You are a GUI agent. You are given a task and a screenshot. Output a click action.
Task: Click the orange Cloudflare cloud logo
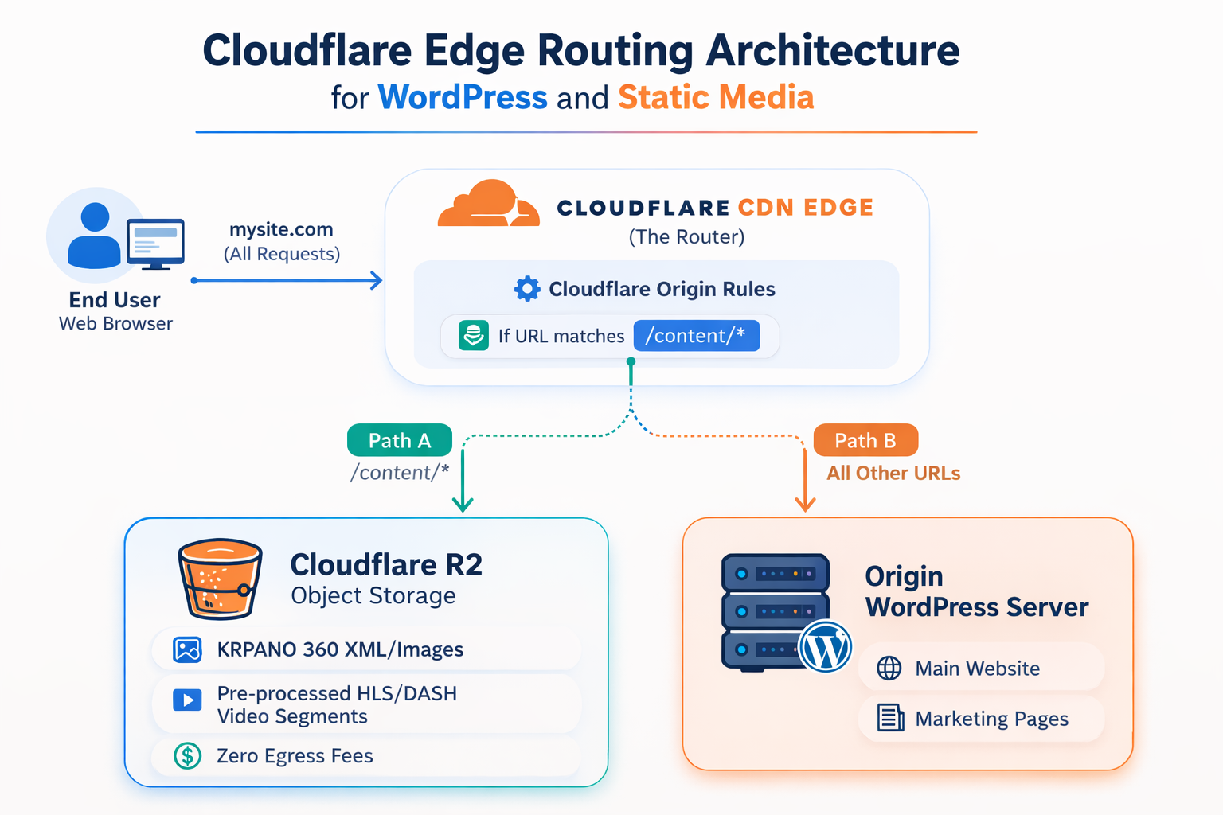tap(487, 205)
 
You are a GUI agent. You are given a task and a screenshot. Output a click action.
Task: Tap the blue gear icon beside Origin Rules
tap(527, 289)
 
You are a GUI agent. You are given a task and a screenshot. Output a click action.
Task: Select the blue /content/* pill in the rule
tap(696, 336)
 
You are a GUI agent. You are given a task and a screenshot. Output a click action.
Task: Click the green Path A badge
tap(400, 440)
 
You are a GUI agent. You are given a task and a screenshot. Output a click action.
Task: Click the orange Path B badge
tap(865, 440)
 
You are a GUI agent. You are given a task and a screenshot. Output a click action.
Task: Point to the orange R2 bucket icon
tap(220, 579)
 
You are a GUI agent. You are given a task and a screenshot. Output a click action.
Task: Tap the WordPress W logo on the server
tap(826, 646)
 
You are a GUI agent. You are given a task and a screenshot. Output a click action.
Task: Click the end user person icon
tap(95, 236)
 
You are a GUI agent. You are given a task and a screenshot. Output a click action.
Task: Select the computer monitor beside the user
tap(155, 244)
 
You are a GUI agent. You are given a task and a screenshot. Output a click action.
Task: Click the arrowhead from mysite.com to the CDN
tap(377, 280)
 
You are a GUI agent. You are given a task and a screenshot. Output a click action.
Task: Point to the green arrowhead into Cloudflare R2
tap(463, 505)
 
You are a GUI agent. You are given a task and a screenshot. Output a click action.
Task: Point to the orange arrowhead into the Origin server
tap(805, 505)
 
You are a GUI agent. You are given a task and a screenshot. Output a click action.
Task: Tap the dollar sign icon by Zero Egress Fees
tap(188, 755)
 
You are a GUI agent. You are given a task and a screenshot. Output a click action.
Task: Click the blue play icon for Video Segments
tap(188, 700)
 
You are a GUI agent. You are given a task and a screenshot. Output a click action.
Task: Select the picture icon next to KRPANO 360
tap(188, 649)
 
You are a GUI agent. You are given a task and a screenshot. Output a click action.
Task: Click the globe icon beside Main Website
tap(889, 668)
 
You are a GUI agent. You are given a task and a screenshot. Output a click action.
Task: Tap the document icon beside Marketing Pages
tap(890, 718)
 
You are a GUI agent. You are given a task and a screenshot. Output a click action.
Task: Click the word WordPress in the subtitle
tap(463, 98)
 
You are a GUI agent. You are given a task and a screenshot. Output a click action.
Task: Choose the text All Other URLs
tap(893, 474)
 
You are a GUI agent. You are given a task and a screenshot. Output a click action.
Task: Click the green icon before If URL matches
tap(474, 336)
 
